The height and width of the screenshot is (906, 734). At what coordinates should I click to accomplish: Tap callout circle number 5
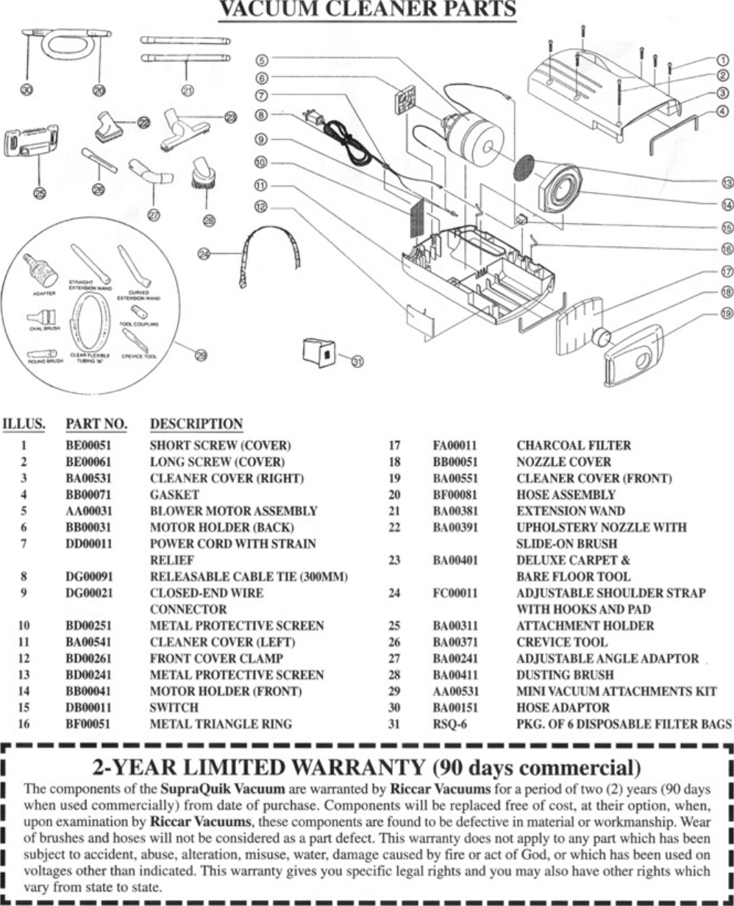pyautogui.click(x=263, y=60)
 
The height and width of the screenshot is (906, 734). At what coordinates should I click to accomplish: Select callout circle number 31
pyautogui.click(x=357, y=361)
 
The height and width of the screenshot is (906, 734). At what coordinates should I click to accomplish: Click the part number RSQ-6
pyautogui.click(x=449, y=723)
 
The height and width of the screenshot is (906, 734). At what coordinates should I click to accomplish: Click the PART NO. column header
pyautogui.click(x=96, y=424)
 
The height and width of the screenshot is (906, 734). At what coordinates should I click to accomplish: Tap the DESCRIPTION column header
pyautogui.click(x=196, y=424)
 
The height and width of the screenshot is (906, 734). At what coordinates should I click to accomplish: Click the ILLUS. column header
pyautogui.click(x=24, y=424)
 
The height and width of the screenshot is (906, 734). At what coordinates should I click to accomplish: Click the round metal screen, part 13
pyautogui.click(x=522, y=171)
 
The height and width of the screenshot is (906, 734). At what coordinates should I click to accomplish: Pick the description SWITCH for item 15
pyautogui.click(x=174, y=707)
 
